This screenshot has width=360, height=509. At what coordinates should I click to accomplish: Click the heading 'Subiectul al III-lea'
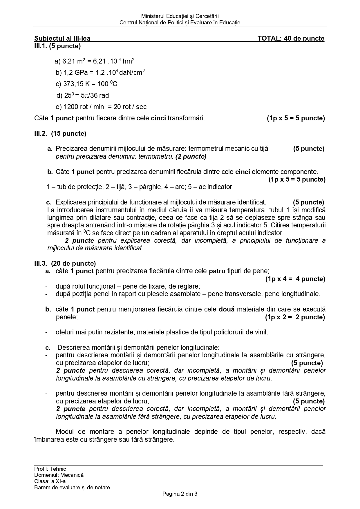click(62, 39)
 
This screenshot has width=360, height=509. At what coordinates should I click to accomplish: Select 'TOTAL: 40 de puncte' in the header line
click(291, 39)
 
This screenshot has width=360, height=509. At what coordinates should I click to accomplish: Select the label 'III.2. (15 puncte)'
click(60, 134)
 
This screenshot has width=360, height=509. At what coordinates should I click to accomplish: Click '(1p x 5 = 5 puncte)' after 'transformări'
click(296, 118)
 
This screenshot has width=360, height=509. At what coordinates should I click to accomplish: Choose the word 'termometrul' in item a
click(205, 149)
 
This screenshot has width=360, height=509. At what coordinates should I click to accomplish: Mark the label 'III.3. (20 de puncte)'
click(65, 263)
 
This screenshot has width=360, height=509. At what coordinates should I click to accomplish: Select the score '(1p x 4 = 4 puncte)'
click(295, 279)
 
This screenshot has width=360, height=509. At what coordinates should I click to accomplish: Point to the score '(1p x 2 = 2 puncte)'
click(295, 317)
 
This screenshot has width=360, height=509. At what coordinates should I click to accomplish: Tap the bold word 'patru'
click(217, 271)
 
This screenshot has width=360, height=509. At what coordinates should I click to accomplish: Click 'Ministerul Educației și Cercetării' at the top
click(180, 17)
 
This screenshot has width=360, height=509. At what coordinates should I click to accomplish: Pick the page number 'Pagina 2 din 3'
click(180, 494)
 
